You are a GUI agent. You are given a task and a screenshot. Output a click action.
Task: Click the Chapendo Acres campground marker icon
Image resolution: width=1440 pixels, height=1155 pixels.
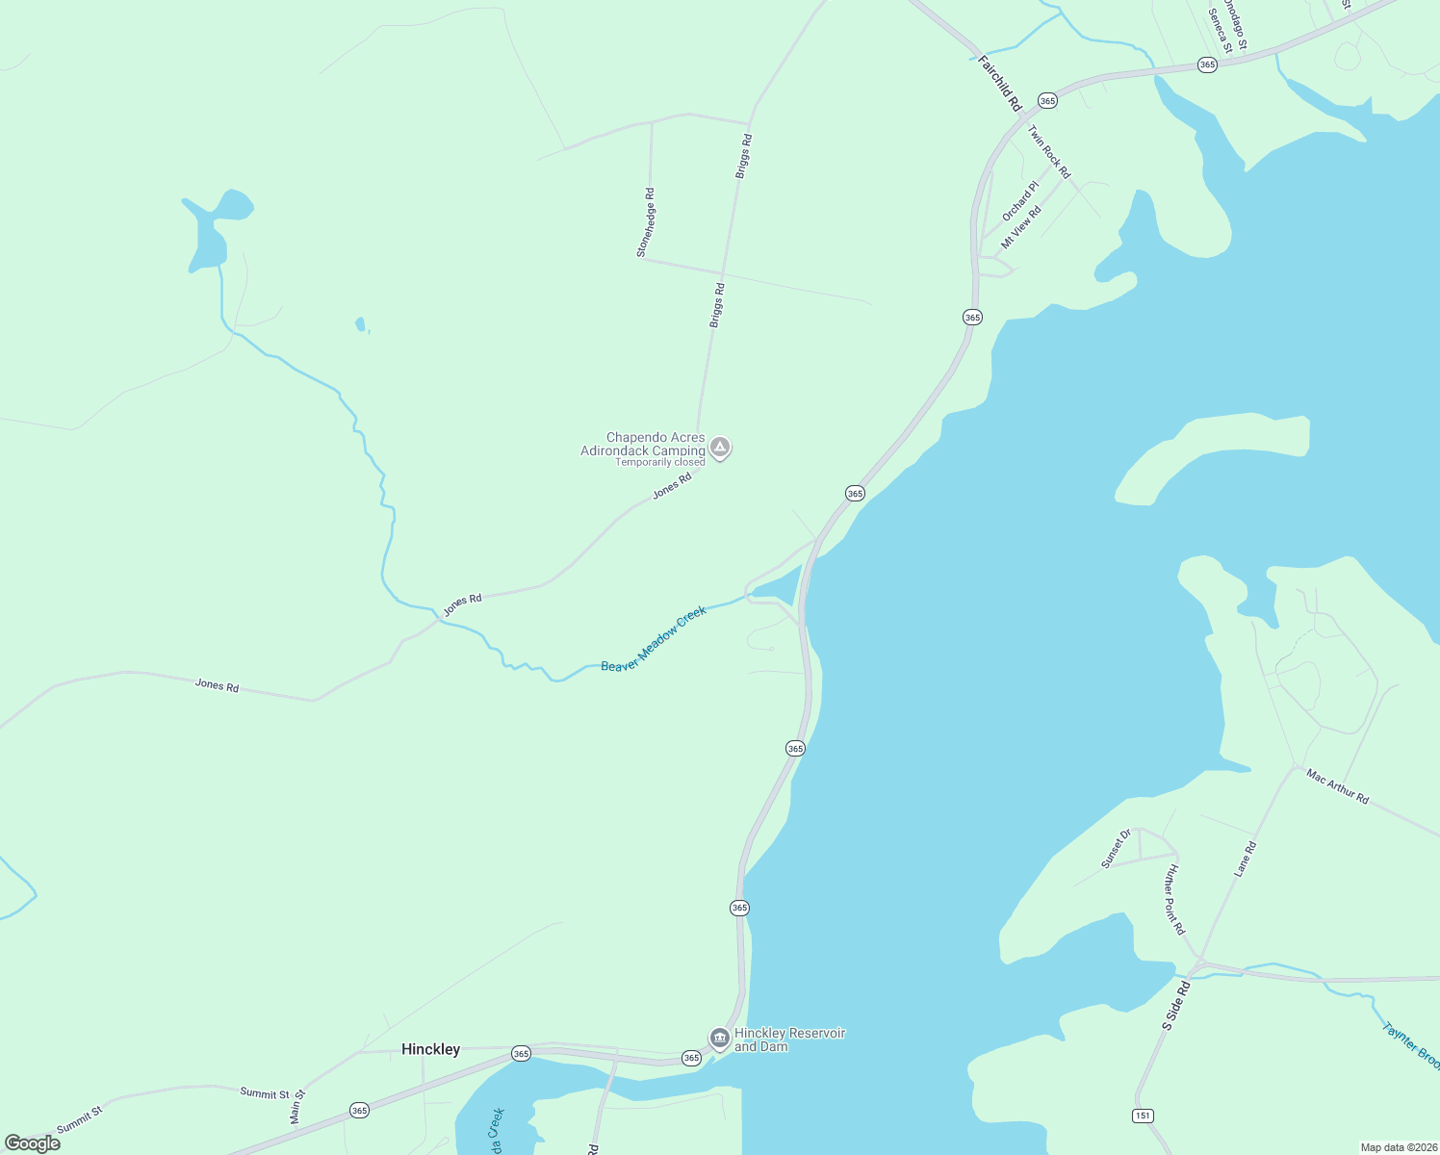(x=720, y=448)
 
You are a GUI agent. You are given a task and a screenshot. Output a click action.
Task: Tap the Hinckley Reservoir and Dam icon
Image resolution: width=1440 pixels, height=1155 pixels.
(x=719, y=1039)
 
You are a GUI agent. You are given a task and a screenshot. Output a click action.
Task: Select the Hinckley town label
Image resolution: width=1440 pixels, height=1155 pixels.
(x=430, y=1049)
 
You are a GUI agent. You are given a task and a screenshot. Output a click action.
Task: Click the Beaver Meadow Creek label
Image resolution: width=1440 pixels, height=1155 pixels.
(x=654, y=639)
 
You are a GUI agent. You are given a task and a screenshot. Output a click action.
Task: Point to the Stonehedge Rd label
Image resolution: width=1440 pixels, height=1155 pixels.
(x=646, y=222)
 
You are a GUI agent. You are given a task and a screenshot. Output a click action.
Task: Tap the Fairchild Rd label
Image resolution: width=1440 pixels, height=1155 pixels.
(x=999, y=83)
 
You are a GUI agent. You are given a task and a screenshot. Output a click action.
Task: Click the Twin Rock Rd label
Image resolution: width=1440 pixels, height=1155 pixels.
(x=1048, y=152)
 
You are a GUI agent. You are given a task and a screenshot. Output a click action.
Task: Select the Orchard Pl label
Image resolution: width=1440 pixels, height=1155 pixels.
(x=1020, y=200)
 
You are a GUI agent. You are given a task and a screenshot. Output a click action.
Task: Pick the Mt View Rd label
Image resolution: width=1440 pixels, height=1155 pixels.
(x=1021, y=227)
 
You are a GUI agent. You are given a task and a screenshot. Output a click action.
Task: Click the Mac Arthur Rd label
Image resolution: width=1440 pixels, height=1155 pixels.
(x=1337, y=785)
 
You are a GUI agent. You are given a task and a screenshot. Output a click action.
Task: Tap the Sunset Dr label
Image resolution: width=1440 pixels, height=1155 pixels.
(x=1116, y=849)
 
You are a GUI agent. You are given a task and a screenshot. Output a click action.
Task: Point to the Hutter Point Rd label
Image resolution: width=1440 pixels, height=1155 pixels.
(x=1174, y=899)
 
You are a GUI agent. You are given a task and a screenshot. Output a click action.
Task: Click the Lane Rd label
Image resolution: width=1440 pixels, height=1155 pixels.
(x=1246, y=859)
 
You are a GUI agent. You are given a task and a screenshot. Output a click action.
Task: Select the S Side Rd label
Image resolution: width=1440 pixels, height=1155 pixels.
(x=1176, y=1006)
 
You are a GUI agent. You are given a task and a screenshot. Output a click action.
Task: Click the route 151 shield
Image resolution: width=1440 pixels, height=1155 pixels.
(x=1142, y=1116)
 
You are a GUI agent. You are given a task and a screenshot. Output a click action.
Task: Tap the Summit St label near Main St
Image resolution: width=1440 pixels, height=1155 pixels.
(x=265, y=1093)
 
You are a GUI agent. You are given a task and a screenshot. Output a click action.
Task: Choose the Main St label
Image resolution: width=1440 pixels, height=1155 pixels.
(x=297, y=1106)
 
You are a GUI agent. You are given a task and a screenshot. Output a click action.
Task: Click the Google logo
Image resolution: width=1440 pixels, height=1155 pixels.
(x=33, y=1143)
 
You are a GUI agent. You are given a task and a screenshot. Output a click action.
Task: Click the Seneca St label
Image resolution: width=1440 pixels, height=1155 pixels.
(x=1219, y=31)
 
